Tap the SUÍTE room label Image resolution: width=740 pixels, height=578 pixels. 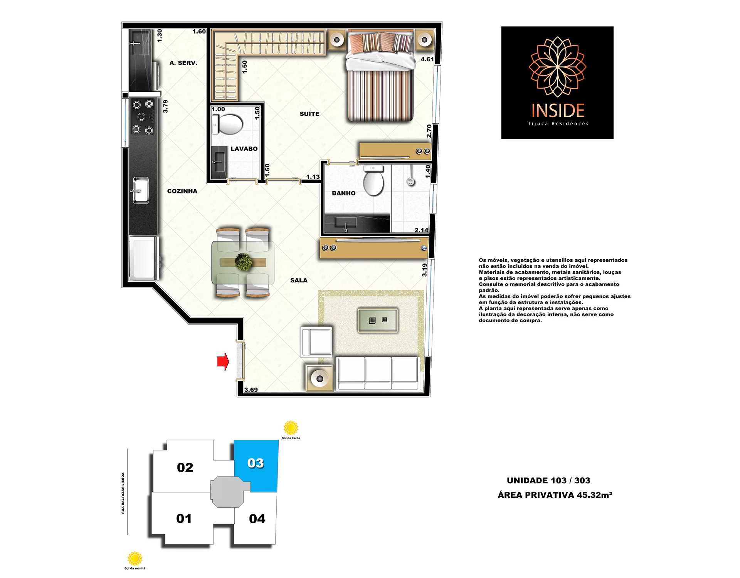point(309,114)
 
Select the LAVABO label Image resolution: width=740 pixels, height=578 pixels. point(244,149)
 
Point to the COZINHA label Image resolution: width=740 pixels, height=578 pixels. point(182,191)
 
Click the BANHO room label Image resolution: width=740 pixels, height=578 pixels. point(344,193)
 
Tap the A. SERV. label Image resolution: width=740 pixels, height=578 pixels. point(183,63)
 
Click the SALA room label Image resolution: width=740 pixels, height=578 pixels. point(299,281)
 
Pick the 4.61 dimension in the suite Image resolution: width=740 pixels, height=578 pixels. point(427,59)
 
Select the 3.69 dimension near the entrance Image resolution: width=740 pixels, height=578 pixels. point(251,390)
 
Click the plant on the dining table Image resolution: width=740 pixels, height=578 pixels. point(244,262)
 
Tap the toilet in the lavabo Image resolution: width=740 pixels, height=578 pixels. point(228,124)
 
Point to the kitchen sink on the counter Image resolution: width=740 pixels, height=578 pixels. point(141,190)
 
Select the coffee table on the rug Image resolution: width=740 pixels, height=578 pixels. point(378,320)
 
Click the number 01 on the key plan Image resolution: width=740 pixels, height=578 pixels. point(184,519)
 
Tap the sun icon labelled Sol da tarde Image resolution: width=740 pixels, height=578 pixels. point(291,428)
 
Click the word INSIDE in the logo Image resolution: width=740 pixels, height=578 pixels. point(558,111)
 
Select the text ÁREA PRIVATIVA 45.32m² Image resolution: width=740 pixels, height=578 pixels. point(555,495)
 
